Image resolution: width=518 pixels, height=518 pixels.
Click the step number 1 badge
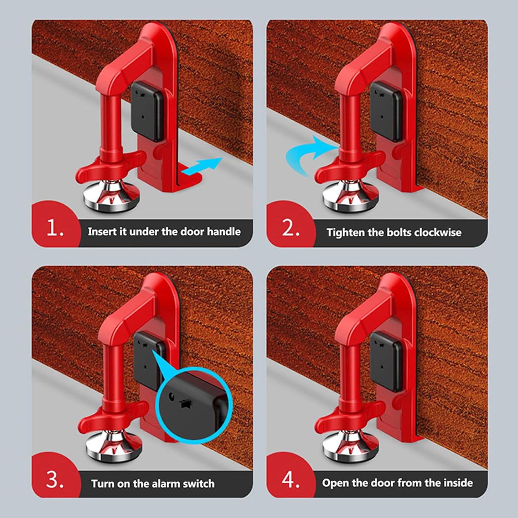(55, 228)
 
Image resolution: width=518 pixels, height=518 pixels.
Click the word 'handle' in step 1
(223, 231)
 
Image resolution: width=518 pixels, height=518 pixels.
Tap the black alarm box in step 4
(386, 361)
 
